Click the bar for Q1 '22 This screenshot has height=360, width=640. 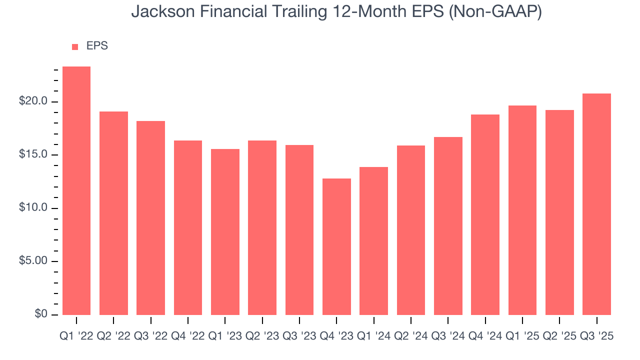point(76,190)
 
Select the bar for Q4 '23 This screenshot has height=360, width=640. point(336,246)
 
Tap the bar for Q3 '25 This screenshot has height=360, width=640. point(596,204)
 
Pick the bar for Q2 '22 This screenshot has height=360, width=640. point(113,213)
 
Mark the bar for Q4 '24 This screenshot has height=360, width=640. point(485,214)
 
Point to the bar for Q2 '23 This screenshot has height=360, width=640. point(262,227)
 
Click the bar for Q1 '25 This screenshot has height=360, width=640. point(522,210)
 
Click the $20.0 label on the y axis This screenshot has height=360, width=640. point(33,101)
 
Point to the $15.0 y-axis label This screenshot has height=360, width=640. point(33,155)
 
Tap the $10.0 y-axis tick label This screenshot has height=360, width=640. point(33,208)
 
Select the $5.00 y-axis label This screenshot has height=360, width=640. point(33,261)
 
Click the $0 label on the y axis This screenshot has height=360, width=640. point(41,314)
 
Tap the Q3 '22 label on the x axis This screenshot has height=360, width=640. point(150,336)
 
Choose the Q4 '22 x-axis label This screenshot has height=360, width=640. point(188,336)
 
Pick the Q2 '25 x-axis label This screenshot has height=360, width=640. point(559,336)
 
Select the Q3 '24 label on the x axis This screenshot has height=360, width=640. point(448,336)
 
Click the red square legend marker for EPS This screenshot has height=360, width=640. point(75,46)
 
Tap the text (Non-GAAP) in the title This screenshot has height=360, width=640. point(495,12)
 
